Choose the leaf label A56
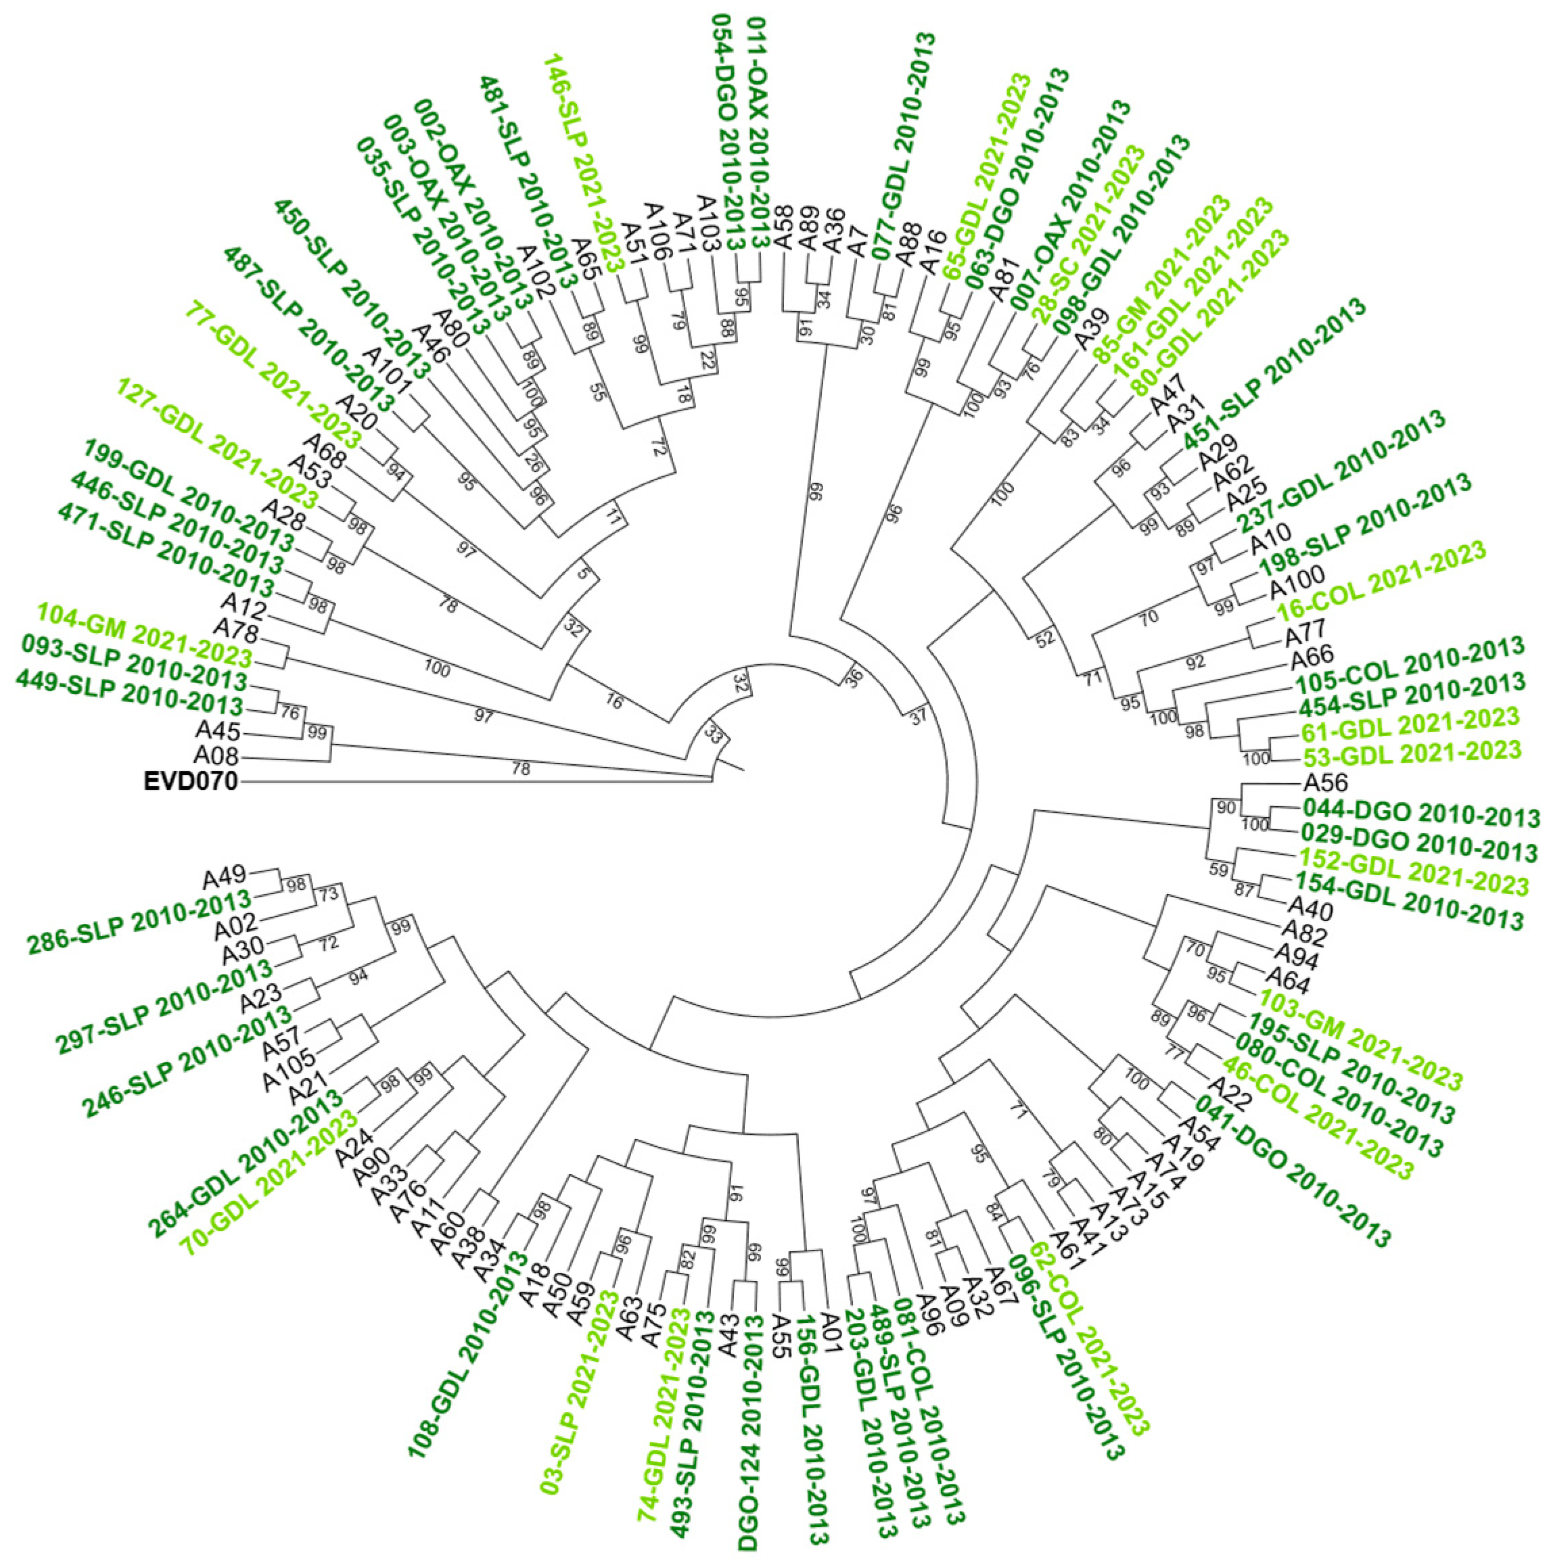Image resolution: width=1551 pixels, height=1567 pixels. pos(1324,783)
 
